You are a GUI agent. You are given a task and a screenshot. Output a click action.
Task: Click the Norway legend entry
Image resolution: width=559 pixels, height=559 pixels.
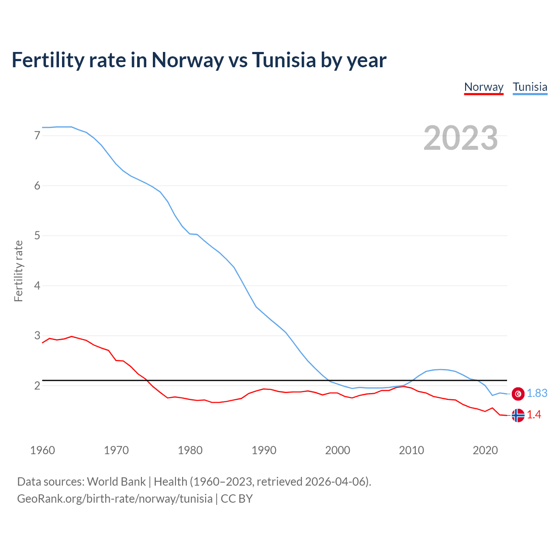coord(483,87)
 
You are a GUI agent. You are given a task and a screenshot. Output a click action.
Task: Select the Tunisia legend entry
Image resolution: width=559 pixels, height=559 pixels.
coord(530,87)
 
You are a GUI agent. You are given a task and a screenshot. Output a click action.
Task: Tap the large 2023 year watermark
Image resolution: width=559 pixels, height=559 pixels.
coord(461,138)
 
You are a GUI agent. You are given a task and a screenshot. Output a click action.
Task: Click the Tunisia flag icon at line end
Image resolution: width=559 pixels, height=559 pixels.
coord(518,393)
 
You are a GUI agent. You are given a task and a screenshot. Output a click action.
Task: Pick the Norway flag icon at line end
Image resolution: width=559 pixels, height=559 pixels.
coord(518,415)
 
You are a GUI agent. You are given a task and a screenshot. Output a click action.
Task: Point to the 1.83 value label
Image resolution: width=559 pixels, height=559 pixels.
coord(537,393)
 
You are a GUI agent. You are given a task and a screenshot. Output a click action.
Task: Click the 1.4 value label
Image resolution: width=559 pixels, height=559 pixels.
coord(534,415)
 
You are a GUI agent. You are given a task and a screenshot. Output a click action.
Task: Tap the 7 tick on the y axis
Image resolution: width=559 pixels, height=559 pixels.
coord(37,136)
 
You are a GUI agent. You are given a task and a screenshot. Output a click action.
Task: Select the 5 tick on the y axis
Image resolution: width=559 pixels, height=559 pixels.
coord(37,236)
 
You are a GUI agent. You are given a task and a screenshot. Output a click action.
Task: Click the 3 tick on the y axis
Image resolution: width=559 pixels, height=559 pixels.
coord(37,336)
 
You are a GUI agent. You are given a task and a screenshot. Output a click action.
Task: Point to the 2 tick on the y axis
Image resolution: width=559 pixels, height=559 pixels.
coord(37,386)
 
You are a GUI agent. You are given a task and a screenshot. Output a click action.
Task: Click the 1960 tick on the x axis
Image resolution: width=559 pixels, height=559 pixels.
coord(42,450)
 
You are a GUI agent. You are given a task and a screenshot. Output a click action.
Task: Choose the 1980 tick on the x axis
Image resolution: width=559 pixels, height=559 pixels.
coord(190,450)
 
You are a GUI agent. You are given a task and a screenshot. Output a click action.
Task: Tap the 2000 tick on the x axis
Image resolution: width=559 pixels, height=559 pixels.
coord(338,450)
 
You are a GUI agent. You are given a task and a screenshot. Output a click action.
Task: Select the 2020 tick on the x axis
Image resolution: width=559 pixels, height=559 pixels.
coord(485,450)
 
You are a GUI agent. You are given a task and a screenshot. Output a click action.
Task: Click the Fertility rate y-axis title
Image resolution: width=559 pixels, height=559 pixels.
coord(18,271)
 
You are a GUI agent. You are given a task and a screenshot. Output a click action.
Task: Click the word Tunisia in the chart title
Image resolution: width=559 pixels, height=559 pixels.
coord(284,60)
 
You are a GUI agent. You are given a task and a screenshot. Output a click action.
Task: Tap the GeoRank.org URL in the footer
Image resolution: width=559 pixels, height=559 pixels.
coord(114,499)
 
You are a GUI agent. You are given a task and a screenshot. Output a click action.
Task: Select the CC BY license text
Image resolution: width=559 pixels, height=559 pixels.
coord(237,499)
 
